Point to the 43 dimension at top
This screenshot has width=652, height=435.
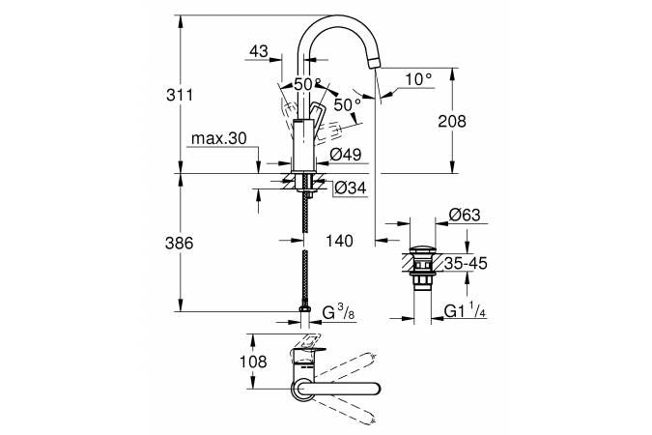point(258,50)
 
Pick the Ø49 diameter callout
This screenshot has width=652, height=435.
point(345,155)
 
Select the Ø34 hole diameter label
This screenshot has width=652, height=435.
point(349,188)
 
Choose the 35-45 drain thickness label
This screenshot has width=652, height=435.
point(466,261)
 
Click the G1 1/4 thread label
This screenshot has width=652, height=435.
point(464,311)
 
